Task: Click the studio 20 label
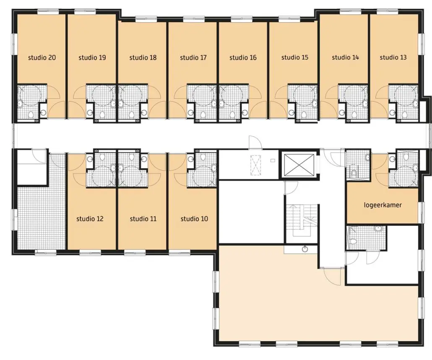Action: coord(42,57)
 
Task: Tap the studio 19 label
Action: coord(92,57)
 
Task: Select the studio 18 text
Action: coord(143,57)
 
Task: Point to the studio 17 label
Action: coord(193,57)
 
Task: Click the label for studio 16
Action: coord(243,57)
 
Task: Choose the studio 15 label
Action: coord(295,57)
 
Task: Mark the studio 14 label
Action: coord(346,57)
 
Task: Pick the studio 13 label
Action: coord(393,57)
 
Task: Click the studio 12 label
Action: coord(90,219)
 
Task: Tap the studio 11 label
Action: coord(143,219)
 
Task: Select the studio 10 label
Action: coord(194,219)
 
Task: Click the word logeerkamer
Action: coord(383,205)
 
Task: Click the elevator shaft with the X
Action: coord(299,165)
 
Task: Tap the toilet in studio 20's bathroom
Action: coord(31,115)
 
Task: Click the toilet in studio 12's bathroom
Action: coord(102,157)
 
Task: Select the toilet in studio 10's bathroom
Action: coord(203,157)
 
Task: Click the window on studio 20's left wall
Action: coord(13,44)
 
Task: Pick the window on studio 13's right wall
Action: coord(421,44)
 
